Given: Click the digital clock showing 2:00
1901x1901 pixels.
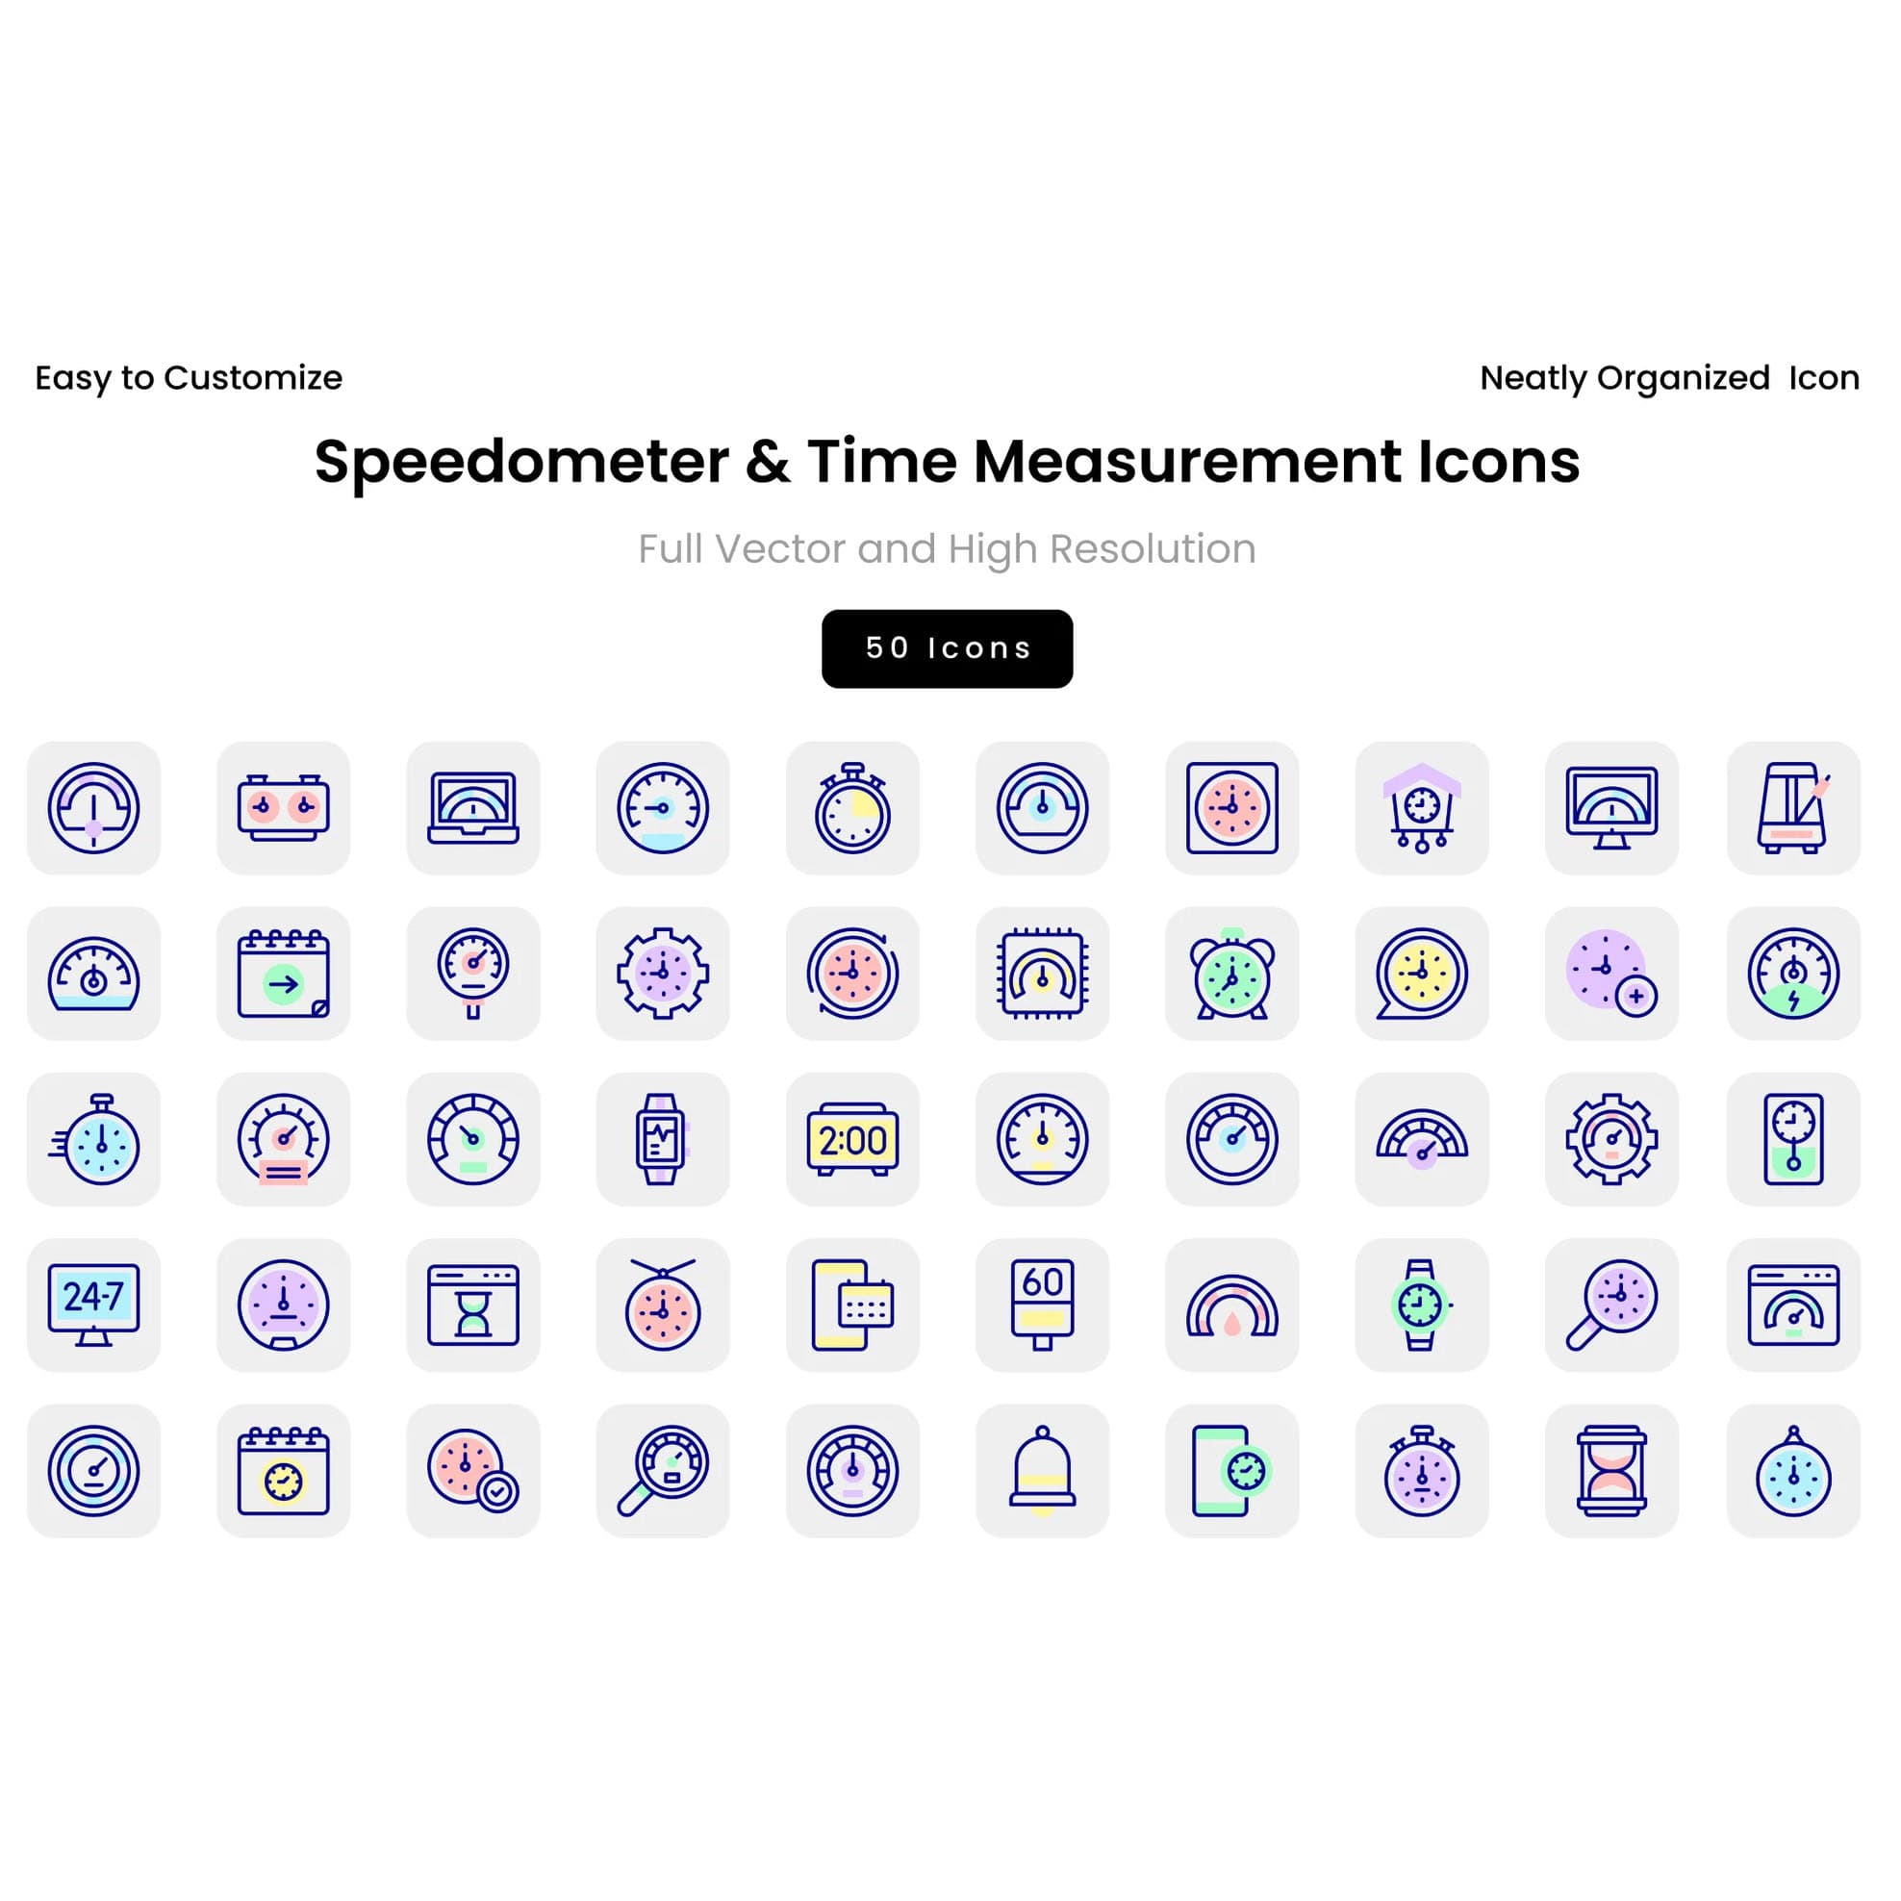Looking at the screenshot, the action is point(852,1139).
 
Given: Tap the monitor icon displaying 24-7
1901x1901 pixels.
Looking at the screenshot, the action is point(93,1305).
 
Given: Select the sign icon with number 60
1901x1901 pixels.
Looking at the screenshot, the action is point(1042,1305).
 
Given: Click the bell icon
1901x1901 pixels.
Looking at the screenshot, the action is point(1042,1470).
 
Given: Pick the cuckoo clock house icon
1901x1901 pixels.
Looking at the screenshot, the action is point(1421,808).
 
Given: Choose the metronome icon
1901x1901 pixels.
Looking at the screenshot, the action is point(1792,808).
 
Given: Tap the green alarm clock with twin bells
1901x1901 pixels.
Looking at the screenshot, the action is point(1232,974).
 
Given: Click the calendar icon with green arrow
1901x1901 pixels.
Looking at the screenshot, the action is point(284,974).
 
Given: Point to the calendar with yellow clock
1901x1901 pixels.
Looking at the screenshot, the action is point(284,1470).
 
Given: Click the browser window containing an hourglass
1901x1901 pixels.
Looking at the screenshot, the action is point(473,1305).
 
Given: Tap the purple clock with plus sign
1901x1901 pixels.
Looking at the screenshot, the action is point(1610,974).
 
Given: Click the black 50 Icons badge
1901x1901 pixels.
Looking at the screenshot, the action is point(947,648).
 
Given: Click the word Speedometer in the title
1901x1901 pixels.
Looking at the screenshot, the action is point(521,462).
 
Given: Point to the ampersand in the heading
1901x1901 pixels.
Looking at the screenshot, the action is point(768,462).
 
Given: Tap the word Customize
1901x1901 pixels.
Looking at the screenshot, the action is point(253,377).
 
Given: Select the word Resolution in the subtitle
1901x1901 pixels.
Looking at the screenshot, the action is point(1153,548).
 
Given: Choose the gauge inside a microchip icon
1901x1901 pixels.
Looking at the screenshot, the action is point(1042,974).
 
